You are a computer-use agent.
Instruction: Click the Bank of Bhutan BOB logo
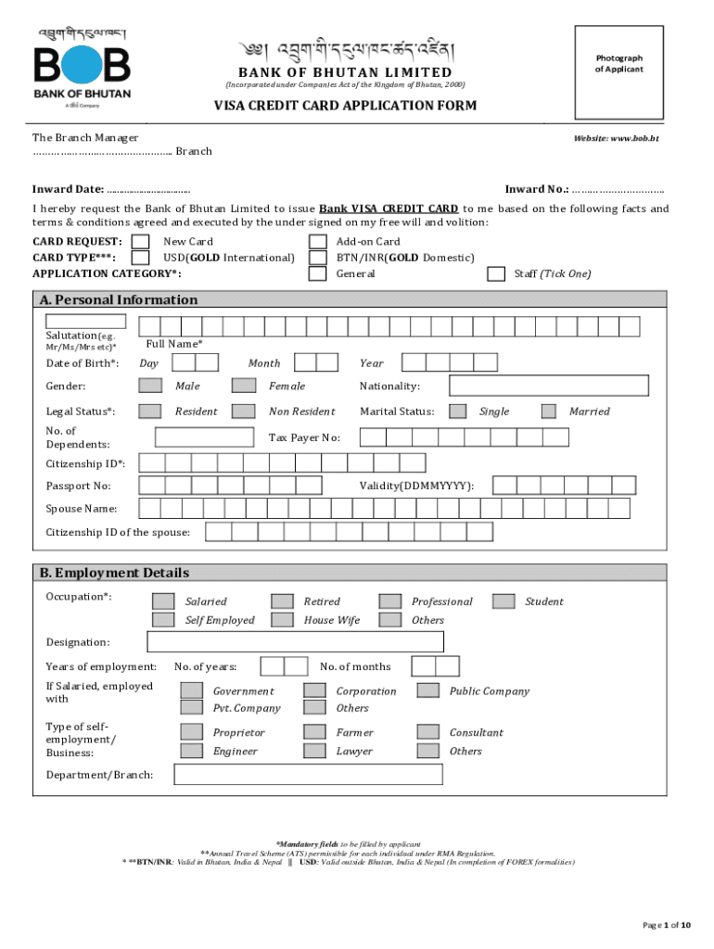click(83, 68)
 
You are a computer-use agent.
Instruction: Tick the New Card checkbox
click(141, 242)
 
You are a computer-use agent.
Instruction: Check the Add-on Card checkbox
click(317, 242)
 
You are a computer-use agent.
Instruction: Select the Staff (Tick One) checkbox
click(496, 273)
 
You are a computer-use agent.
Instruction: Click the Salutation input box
click(85, 322)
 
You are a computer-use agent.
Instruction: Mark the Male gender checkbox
click(149, 386)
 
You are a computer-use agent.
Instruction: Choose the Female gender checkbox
click(243, 386)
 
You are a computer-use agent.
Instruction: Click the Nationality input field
click(549, 386)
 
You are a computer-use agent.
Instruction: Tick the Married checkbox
click(549, 411)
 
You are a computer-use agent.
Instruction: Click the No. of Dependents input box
click(204, 437)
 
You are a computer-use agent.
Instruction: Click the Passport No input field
click(230, 486)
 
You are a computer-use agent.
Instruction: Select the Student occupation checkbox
click(504, 601)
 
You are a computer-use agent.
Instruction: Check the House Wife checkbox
click(282, 620)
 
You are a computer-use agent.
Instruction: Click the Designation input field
click(295, 641)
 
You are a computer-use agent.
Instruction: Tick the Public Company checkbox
click(427, 690)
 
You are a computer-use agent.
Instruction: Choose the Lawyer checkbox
click(315, 751)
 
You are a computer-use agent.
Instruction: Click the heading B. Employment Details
click(114, 573)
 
